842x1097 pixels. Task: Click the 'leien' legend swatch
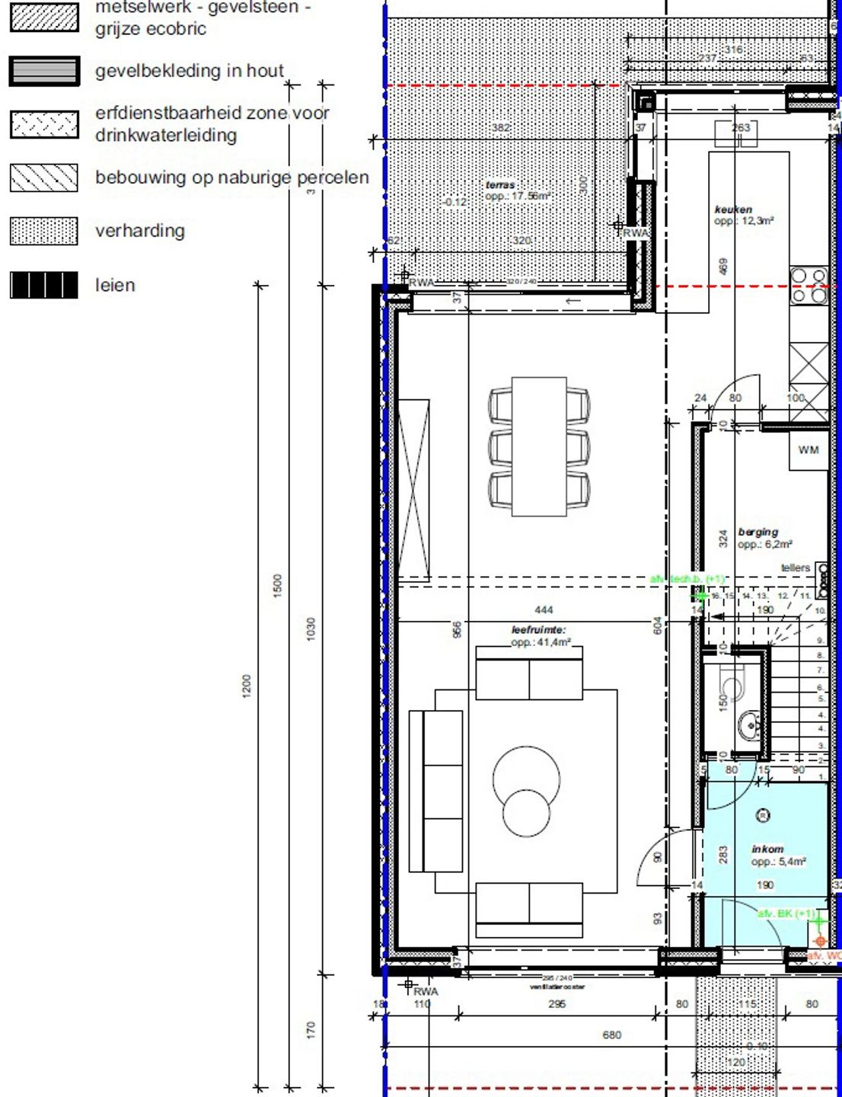(44, 285)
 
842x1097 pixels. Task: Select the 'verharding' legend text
(139, 231)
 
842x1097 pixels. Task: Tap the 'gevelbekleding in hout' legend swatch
(44, 71)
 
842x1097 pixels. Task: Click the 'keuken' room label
(733, 209)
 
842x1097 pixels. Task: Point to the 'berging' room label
(757, 532)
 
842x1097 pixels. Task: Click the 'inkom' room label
(767, 849)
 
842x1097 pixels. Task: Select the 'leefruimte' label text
(538, 630)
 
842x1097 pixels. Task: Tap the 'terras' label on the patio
(500, 184)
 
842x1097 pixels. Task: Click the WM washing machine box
(809, 451)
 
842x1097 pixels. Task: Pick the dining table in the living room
(539, 446)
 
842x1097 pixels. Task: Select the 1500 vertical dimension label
(277, 585)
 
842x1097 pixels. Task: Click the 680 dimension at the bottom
(611, 1035)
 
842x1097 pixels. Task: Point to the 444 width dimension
(544, 609)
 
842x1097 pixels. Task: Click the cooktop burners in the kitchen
(809, 285)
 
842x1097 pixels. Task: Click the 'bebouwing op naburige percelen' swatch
(44, 178)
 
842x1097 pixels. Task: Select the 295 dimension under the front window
(557, 1004)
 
